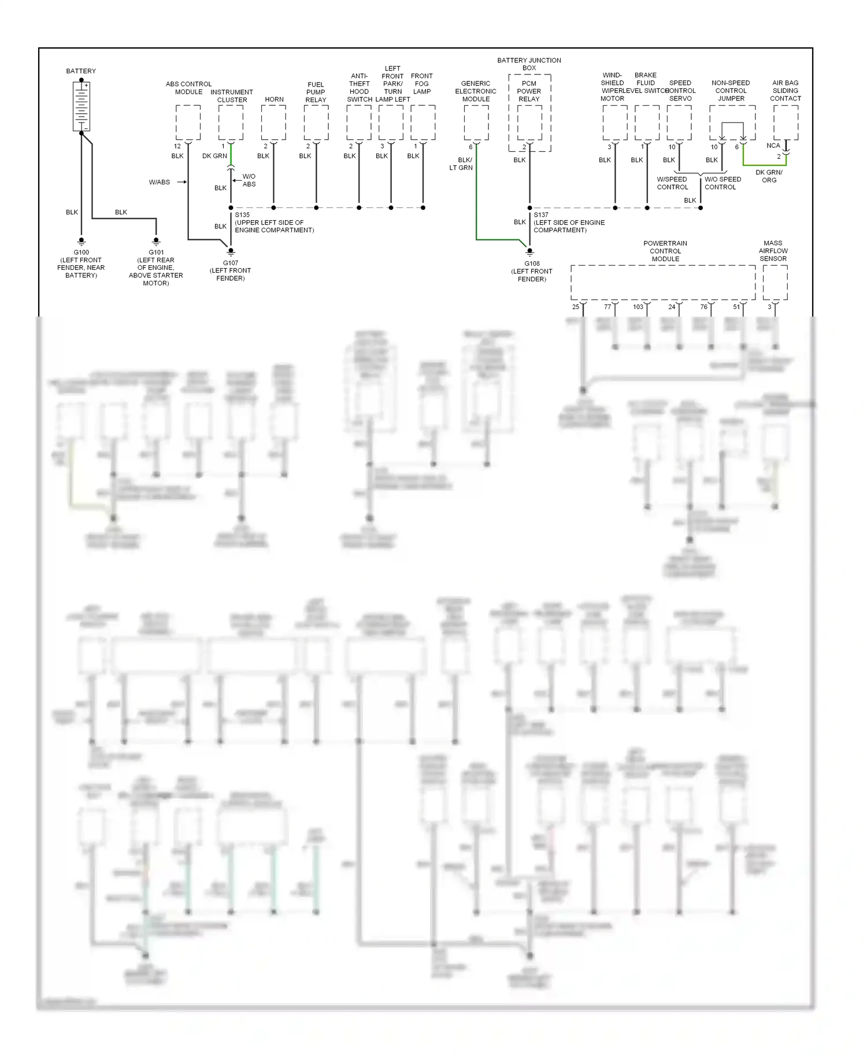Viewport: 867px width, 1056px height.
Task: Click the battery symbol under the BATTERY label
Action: [81, 106]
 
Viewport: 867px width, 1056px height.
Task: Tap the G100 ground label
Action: [81, 252]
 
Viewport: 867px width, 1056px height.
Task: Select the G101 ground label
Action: [156, 252]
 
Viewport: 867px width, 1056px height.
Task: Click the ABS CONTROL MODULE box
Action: [188, 122]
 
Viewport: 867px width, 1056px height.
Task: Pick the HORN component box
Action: [273, 122]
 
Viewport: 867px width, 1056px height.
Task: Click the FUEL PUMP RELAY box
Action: [316, 122]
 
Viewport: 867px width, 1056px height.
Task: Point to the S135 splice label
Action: [242, 215]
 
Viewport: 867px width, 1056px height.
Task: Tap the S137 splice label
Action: [541, 215]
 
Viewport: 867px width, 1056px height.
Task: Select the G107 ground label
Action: [231, 263]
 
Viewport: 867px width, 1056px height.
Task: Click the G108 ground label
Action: [532, 263]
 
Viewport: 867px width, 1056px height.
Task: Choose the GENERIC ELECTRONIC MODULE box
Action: [476, 122]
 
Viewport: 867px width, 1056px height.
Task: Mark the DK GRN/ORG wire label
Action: [769, 176]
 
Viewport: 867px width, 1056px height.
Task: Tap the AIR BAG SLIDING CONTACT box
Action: [786, 122]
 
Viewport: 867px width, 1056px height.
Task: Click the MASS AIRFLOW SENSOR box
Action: [775, 282]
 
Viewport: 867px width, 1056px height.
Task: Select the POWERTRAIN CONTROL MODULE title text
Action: [665, 251]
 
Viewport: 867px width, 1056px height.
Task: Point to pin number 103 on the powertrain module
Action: [638, 307]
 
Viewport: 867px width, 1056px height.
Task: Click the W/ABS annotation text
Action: [160, 182]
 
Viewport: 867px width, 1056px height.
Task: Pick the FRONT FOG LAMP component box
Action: [423, 122]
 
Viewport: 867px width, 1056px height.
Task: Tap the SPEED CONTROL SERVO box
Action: [679, 122]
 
